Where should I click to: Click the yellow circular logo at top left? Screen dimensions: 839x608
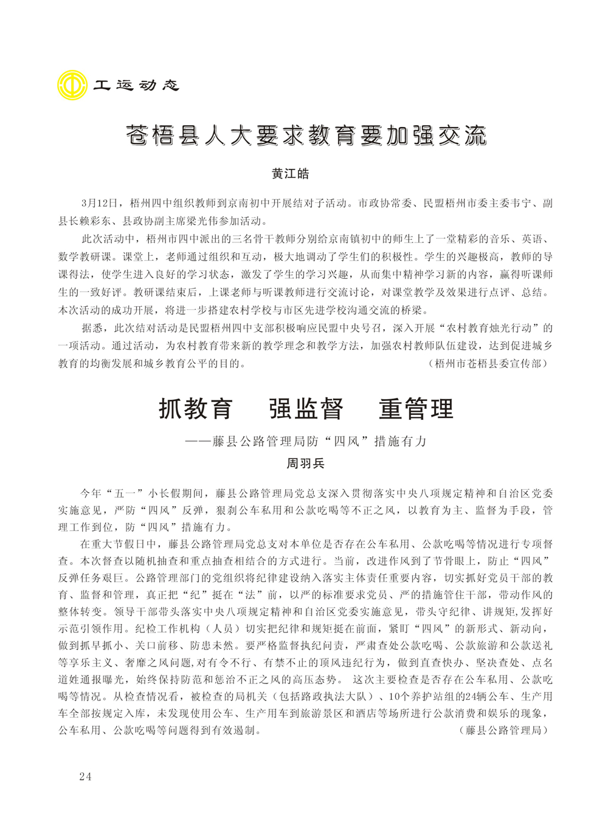pyautogui.click(x=72, y=84)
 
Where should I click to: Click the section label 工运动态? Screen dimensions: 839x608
pyautogui.click(x=136, y=85)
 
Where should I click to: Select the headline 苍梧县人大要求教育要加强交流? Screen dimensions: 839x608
pyautogui.click(x=306, y=135)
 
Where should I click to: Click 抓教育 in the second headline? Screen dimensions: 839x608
pyautogui.click(x=195, y=408)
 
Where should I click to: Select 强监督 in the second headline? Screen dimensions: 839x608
pyautogui.click(x=306, y=408)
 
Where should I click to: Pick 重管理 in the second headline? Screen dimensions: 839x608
pyautogui.click(x=416, y=408)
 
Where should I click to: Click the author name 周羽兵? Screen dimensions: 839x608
pyautogui.click(x=306, y=464)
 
